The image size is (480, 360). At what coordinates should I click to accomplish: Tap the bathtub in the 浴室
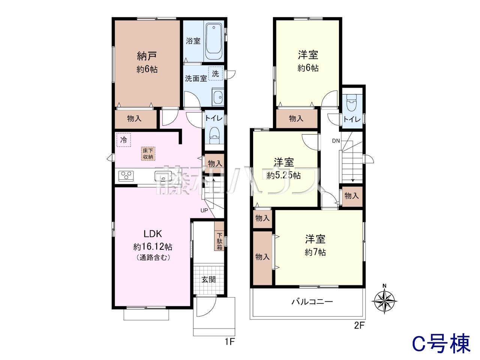(214, 42)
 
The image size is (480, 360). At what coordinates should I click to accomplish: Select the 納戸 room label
(147, 56)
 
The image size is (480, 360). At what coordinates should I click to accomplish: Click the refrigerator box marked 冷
(123, 140)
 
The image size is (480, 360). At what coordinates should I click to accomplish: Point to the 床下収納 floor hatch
(148, 154)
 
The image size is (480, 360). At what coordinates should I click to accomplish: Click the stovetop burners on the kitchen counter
(126, 176)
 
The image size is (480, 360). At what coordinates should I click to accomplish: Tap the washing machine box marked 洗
(215, 73)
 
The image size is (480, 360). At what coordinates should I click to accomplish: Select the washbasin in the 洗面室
(217, 97)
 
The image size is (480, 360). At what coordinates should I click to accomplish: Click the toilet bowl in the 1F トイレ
(214, 136)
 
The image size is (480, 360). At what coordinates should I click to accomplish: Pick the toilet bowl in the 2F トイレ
(352, 103)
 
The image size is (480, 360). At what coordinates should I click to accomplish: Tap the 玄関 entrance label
(208, 279)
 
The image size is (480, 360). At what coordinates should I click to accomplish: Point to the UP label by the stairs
(204, 210)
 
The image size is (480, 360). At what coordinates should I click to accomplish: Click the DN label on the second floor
(336, 141)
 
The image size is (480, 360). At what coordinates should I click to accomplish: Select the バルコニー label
(312, 302)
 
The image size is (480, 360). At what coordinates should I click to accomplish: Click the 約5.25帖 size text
(284, 175)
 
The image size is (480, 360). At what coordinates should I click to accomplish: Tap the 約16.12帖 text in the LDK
(153, 247)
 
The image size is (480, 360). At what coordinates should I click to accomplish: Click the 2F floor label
(360, 325)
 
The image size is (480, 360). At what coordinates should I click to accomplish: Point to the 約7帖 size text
(315, 252)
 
